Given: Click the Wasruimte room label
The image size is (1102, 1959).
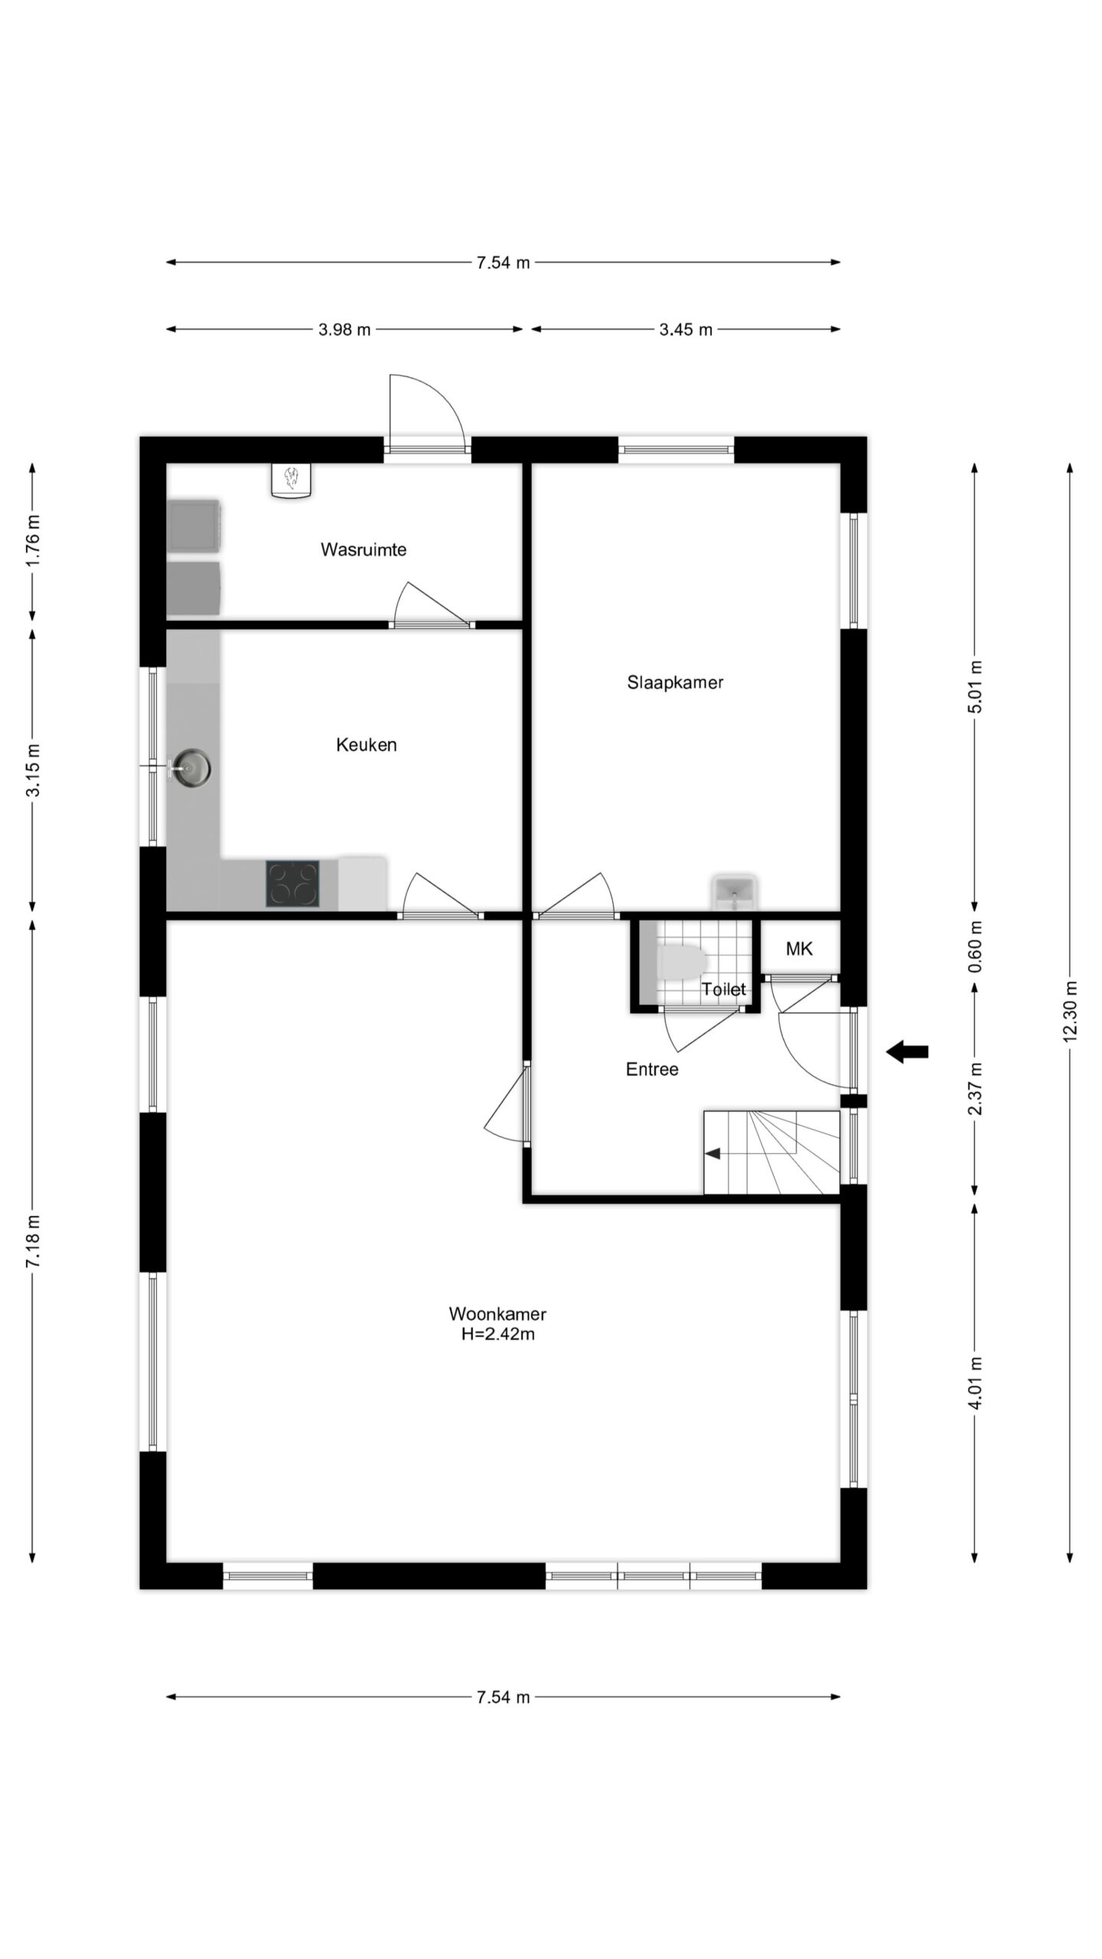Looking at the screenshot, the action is coord(364,549).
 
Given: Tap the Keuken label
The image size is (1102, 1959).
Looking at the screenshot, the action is coord(367,745).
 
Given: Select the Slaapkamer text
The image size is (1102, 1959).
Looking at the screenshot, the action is coord(675,682).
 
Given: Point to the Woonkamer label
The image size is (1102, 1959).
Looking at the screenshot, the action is coord(497,1314).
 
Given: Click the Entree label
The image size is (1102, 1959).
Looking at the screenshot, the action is coord(652,1069).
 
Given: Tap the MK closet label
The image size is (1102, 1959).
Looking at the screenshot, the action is coord(799,949).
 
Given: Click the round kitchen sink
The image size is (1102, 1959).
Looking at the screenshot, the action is coord(191,768).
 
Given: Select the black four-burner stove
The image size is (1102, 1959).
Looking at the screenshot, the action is coord(293,884).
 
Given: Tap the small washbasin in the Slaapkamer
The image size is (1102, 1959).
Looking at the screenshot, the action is coord(734,892).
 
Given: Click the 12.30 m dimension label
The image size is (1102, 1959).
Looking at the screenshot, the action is coord(1070,1010).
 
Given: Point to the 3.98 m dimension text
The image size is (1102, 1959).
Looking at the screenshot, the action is coord(344,330).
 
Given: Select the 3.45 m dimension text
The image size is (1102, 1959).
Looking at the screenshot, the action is coord(686,330).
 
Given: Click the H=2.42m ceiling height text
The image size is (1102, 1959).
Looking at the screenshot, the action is coord(497,1335).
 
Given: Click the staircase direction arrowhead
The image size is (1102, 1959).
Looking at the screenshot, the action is coord(712,1153).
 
